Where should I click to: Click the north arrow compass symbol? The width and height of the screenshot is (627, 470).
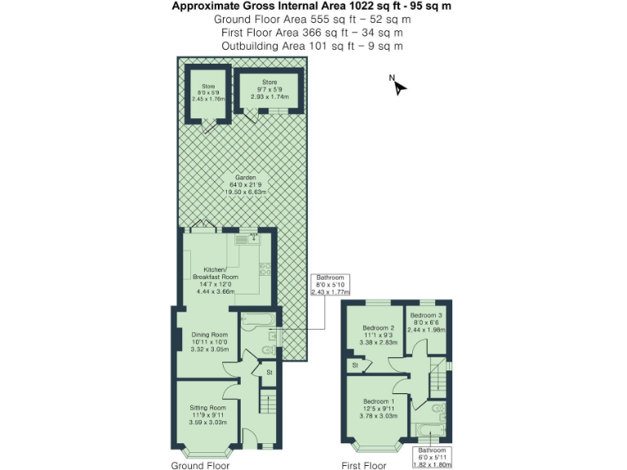[x=398, y=86]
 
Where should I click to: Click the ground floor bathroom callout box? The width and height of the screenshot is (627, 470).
[x=329, y=285]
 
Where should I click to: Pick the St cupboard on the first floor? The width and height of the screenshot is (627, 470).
[x=356, y=366]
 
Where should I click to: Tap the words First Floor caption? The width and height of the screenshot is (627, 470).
[x=363, y=466]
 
